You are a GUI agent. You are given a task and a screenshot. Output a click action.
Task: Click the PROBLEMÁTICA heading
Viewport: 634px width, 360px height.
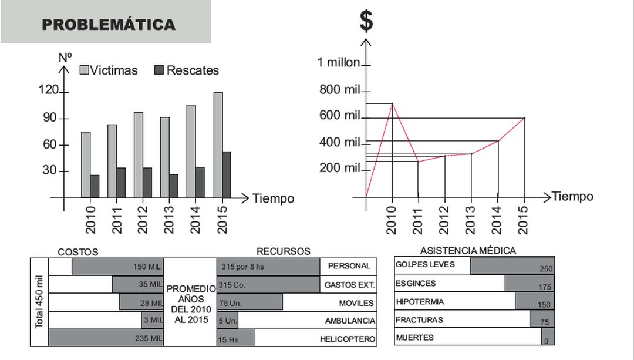[109, 25]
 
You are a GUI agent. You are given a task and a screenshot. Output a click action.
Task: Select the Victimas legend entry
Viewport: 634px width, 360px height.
[109, 70]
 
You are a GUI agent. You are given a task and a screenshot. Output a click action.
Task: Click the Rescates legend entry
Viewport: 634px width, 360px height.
[186, 70]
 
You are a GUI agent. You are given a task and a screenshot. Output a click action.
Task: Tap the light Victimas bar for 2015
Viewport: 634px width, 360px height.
[218, 145]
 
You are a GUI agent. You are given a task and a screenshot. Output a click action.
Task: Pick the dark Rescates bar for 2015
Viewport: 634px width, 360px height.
[227, 174]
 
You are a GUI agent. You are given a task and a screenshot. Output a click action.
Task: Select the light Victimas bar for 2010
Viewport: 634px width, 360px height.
[86, 164]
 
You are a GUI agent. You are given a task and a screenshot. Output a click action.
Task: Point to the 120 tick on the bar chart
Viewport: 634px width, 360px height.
[48, 90]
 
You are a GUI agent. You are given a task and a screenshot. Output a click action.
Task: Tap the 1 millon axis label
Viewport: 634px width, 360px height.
[338, 62]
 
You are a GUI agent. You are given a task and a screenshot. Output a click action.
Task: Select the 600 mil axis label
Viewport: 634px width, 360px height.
[339, 115]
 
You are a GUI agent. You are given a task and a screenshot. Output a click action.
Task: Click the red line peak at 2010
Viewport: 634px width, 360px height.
[392, 104]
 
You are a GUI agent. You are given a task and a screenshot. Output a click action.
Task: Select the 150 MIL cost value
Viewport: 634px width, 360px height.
[147, 267]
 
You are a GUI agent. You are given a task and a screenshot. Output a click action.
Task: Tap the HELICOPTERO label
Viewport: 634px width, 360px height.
[347, 339]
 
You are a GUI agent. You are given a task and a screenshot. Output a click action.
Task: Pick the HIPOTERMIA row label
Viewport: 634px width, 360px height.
[420, 302]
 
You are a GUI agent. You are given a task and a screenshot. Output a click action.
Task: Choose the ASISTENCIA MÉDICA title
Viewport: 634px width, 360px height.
[468, 251]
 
